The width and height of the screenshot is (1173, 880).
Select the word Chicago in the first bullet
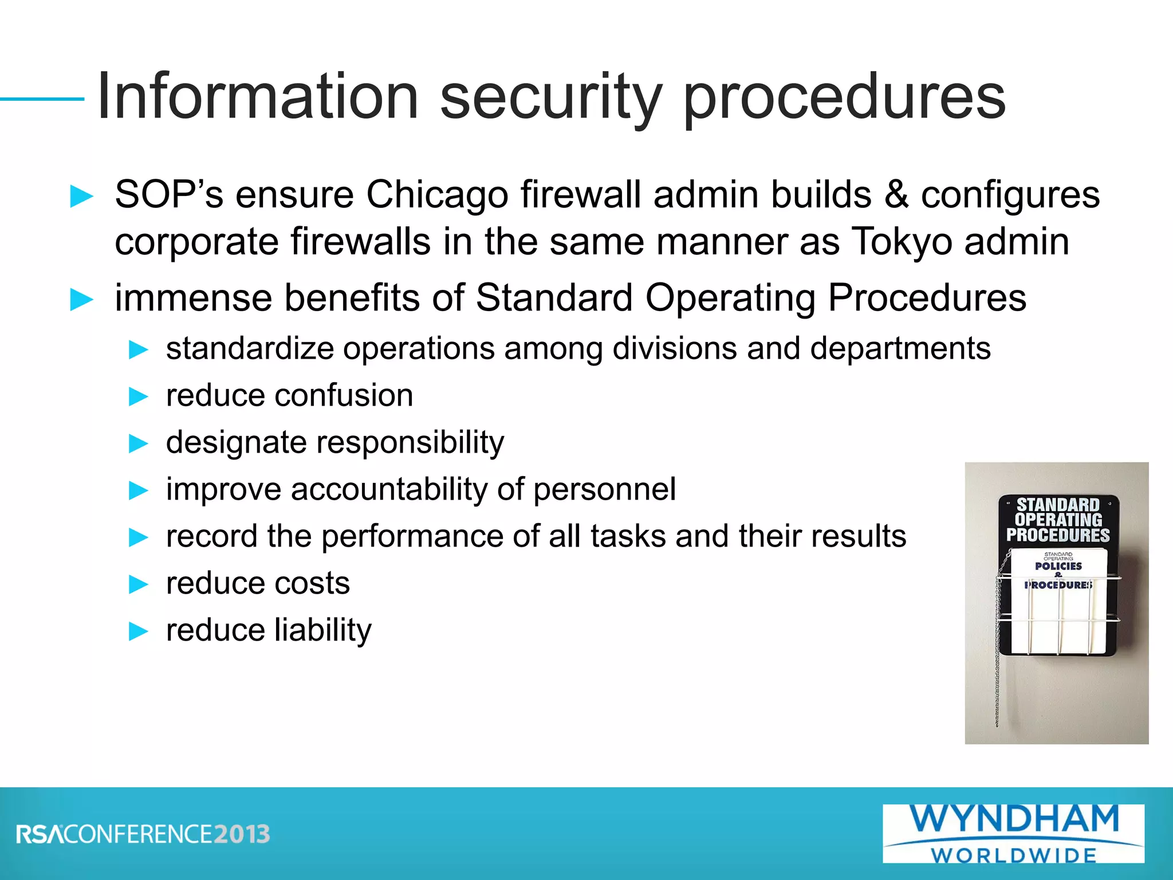[x=437, y=195]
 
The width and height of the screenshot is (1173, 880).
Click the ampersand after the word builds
[x=896, y=195]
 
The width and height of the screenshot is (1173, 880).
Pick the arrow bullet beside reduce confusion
[x=139, y=396]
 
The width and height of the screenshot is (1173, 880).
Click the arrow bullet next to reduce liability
[x=139, y=631]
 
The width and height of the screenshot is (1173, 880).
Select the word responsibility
[x=410, y=443]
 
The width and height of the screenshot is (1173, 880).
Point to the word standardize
[x=250, y=349]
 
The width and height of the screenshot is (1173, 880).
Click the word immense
[x=193, y=298]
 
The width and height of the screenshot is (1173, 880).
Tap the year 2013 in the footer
[x=241, y=834]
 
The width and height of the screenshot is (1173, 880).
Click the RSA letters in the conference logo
[x=40, y=834]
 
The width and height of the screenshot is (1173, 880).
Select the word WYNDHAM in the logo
[x=1014, y=819]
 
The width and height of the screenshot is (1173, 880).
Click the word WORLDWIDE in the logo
[x=1014, y=855]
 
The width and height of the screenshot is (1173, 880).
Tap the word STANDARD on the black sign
[x=1058, y=505]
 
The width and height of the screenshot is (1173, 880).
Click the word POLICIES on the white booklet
[x=1058, y=566]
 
